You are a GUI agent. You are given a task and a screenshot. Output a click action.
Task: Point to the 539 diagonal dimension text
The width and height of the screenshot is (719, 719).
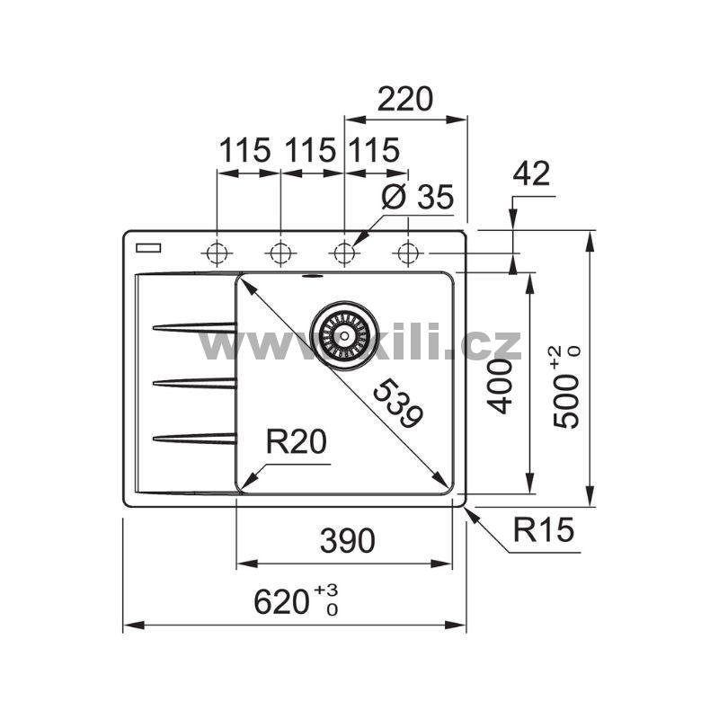pos(395,404)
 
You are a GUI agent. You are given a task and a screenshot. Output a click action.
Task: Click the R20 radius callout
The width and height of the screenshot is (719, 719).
pos(296,442)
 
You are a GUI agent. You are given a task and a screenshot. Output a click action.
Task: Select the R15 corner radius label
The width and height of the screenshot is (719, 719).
pos(543,530)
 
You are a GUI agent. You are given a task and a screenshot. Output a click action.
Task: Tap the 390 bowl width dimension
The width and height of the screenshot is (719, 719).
pos(347,540)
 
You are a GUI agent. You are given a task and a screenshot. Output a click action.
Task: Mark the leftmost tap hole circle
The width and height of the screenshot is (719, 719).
pos(217,253)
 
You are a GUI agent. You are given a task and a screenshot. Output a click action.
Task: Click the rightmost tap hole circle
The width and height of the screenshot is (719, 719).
pos(407,253)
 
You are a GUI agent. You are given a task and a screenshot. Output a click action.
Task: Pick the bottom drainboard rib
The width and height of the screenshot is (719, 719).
pos(193,438)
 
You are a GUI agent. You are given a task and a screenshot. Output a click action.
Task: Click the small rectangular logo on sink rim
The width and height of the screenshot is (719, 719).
pos(145,246)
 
